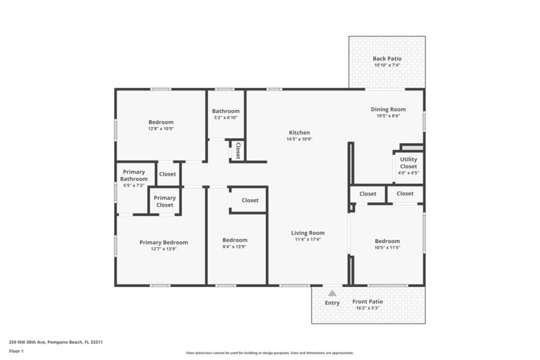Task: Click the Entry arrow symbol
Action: pos(331,294)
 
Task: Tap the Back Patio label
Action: pos(387,59)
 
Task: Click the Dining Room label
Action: pos(388,109)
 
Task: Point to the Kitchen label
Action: pos(299,132)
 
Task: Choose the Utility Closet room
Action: pos(408,165)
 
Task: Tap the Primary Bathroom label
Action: pos(134,176)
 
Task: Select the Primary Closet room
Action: pos(165,201)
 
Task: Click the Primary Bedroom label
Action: pos(163,242)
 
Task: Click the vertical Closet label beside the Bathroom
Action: pos(238,151)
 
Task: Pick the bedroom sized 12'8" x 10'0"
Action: pos(161,125)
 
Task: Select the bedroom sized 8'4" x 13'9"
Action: pos(235,243)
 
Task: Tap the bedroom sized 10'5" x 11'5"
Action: pos(387,245)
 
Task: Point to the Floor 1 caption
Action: pos(16,351)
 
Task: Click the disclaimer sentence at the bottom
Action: pos(269,353)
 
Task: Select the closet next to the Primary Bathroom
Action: pos(167,174)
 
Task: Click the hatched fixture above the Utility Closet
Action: pos(412,147)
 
